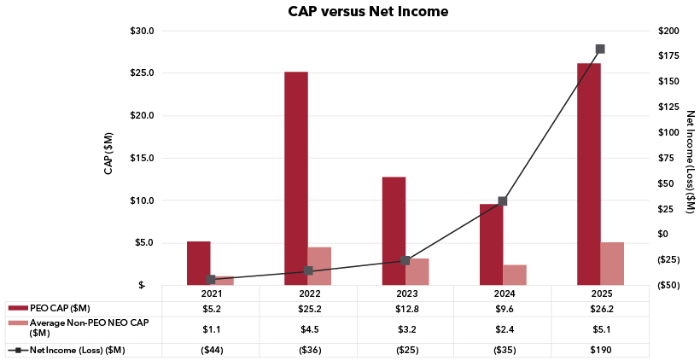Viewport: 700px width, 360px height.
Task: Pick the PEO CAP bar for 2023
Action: (394, 230)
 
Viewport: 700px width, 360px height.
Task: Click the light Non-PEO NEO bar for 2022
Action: (319, 265)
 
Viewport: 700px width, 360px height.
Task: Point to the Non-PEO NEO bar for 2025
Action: (612, 263)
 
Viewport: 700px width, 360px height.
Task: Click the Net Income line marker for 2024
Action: (503, 201)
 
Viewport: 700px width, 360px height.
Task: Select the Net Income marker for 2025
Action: (600, 49)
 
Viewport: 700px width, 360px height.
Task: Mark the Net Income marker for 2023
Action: (405, 260)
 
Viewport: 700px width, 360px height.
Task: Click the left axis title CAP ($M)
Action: (108, 154)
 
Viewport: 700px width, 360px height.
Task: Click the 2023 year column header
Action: (405, 293)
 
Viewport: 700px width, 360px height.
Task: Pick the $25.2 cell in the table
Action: (308, 307)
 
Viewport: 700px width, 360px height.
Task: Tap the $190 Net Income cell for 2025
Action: (600, 350)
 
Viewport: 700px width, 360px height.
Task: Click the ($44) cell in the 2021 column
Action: (211, 350)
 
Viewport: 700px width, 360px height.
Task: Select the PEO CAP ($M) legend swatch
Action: (17, 307)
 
